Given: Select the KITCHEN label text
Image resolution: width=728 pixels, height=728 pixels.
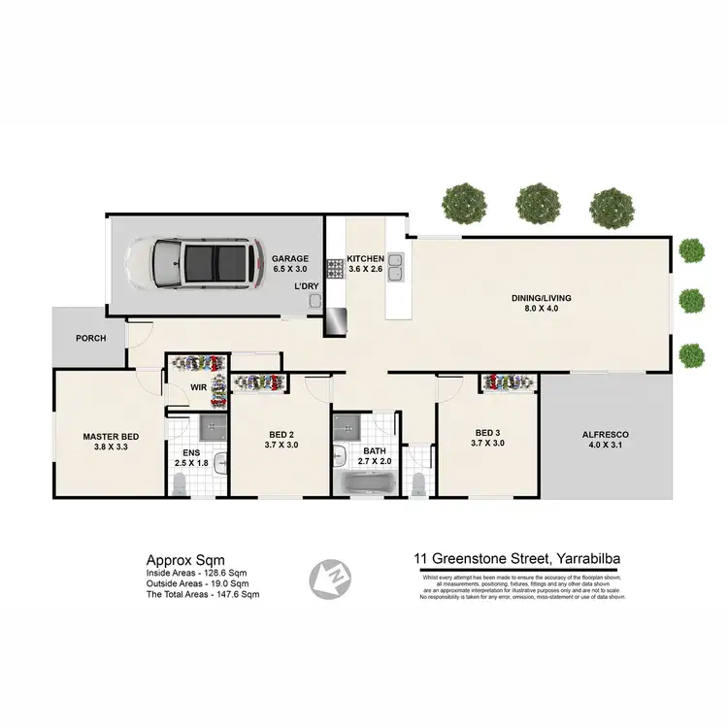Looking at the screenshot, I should click(x=366, y=259).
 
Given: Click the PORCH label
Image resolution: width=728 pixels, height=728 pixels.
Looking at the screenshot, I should click(x=90, y=339).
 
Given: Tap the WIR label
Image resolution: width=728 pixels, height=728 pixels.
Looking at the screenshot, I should click(x=197, y=386).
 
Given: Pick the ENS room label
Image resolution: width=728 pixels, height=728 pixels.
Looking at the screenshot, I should click(x=191, y=451).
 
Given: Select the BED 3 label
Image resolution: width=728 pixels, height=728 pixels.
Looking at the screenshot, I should click(x=487, y=433).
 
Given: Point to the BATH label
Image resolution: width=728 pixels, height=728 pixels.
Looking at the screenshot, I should click(x=375, y=451).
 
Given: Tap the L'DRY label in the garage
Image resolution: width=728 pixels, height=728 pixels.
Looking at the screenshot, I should click(x=307, y=285).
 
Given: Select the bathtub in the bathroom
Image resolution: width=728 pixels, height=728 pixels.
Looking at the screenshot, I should click(x=368, y=480).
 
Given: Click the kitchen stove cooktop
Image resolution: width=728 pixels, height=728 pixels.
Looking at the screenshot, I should click(x=335, y=267).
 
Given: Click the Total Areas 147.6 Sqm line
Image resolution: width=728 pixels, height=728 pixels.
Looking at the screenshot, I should click(x=202, y=594).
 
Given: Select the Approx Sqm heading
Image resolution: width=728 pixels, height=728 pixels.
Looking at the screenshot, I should click(x=179, y=559).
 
